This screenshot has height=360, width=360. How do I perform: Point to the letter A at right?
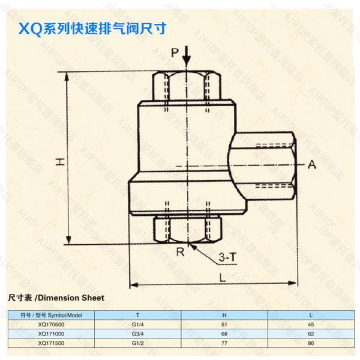coord(312,164)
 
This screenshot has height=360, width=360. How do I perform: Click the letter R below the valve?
coord(180,252)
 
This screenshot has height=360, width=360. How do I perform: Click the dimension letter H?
coord(59,160)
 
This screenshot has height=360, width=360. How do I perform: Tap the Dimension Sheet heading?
coord(56,298)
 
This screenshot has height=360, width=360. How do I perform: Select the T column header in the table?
coord(139,314)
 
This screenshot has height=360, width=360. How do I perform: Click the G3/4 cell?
coord(139,334)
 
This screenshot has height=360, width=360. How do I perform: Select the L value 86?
coord(311,344)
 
